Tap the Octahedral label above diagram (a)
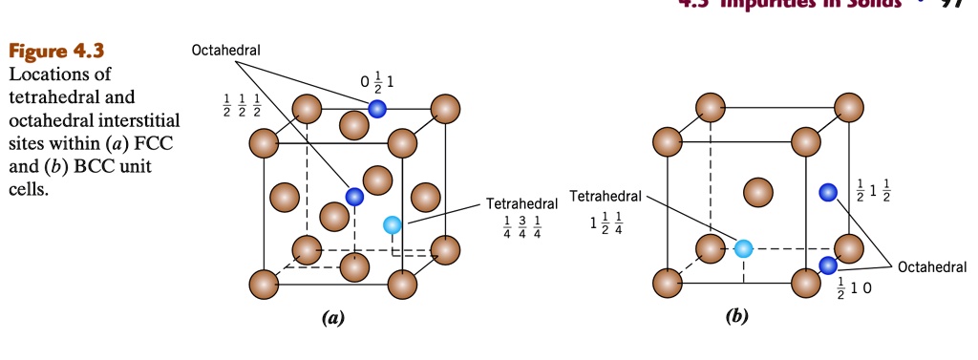(x=226, y=50)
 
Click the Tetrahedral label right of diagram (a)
(x=521, y=204)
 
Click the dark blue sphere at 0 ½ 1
(x=377, y=109)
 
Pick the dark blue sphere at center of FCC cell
(x=354, y=197)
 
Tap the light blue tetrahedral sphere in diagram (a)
(x=392, y=225)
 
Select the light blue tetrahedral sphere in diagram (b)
(x=744, y=249)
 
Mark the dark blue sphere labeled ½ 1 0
(x=827, y=265)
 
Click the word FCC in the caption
(x=163, y=144)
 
